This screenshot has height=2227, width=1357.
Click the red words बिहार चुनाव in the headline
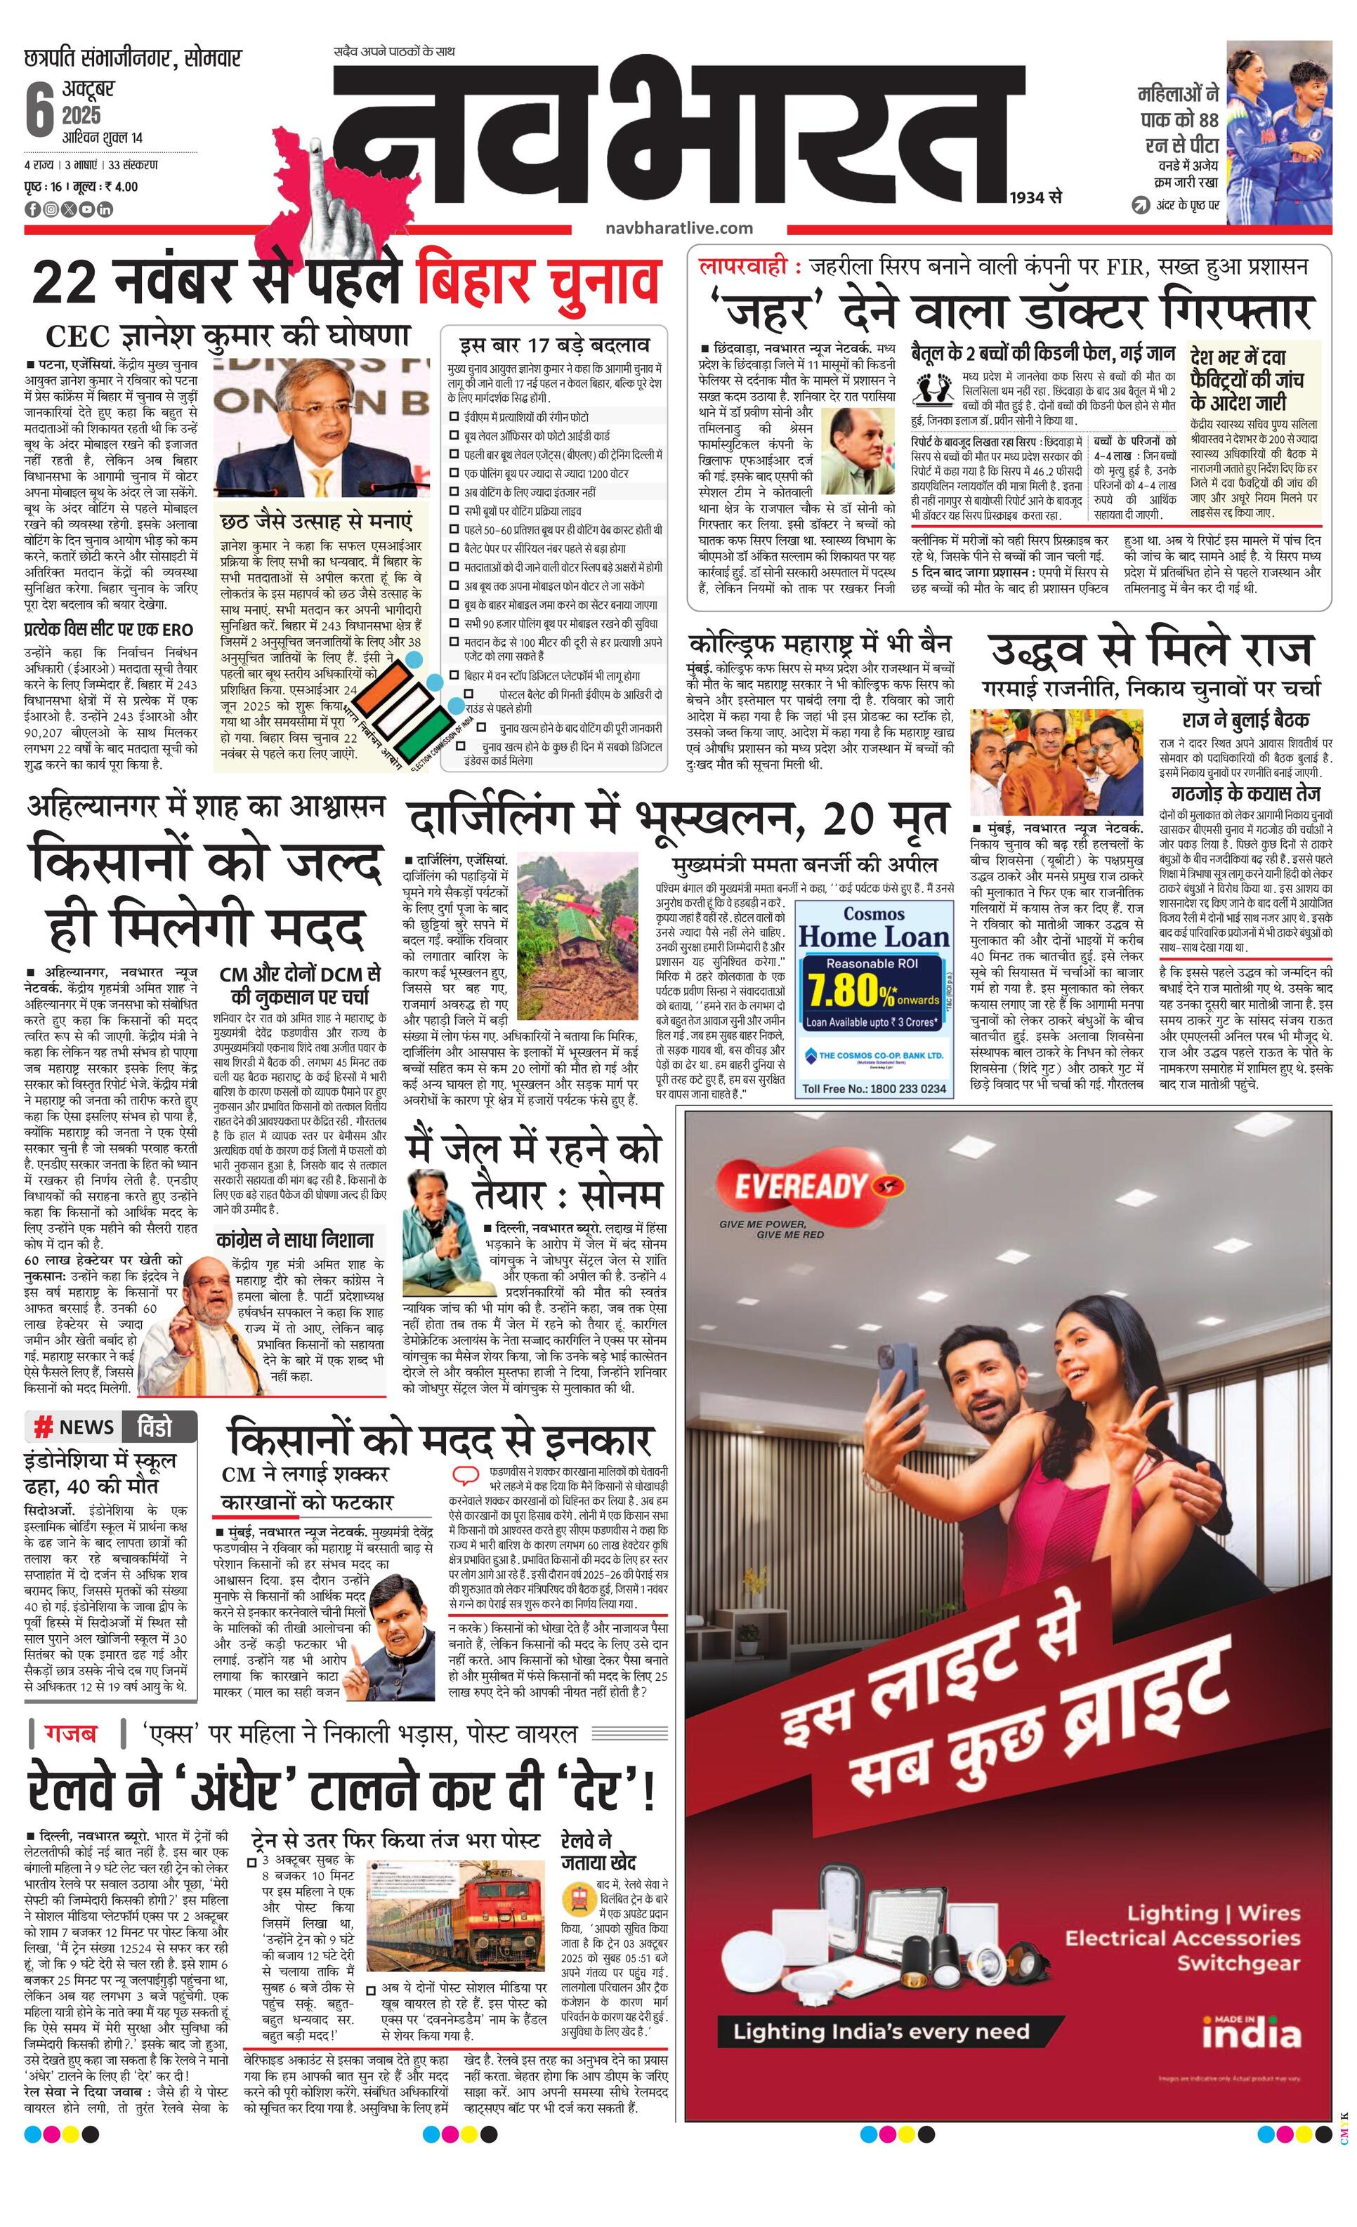(537, 280)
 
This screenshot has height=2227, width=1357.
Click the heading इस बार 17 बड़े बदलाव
(554, 345)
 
